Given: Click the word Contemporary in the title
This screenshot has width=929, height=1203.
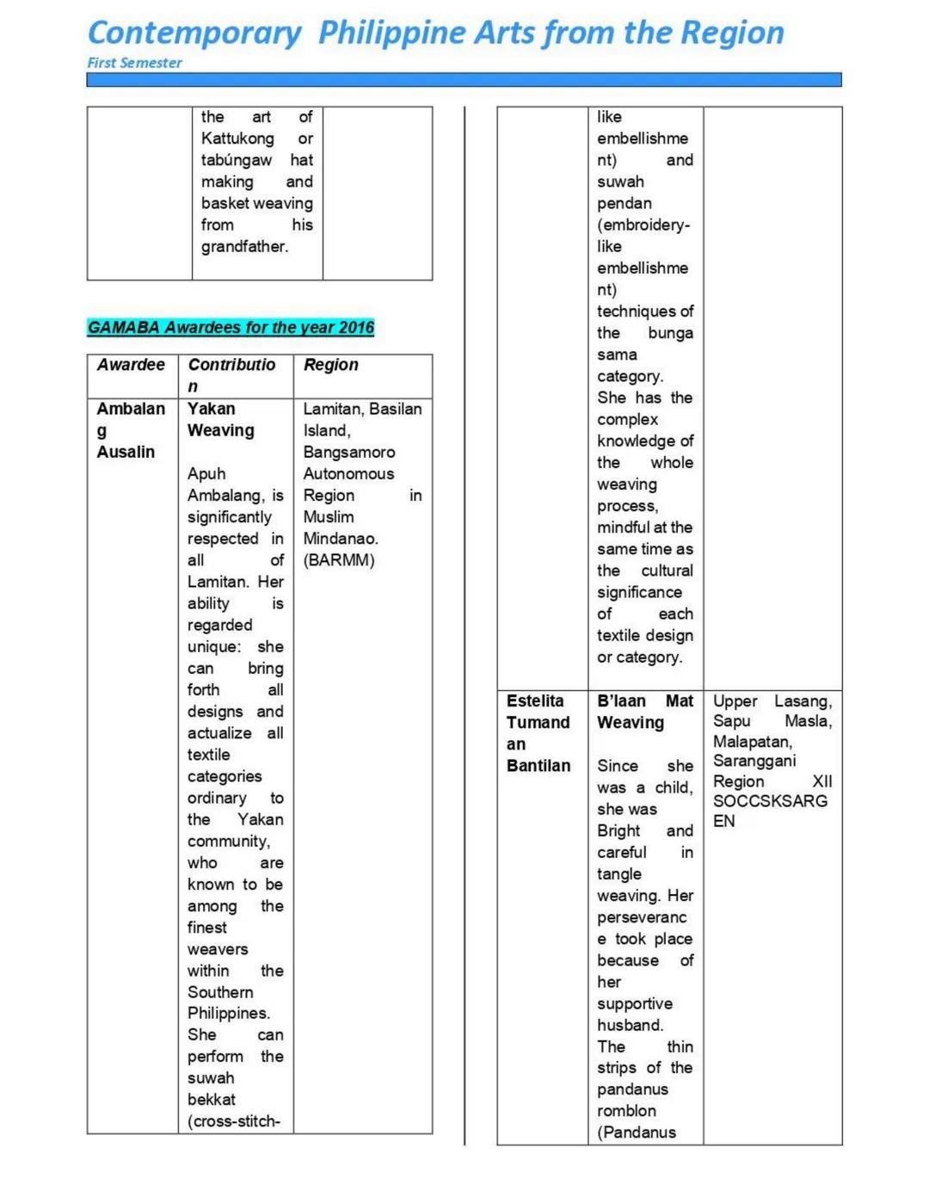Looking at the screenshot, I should tap(194, 34).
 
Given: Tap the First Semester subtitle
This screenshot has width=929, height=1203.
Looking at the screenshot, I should tap(134, 63).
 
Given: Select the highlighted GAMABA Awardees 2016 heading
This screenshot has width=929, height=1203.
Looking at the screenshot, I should tap(231, 328).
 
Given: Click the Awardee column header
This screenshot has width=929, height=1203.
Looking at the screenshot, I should tap(131, 365).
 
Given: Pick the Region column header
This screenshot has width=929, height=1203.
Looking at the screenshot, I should tap(330, 365).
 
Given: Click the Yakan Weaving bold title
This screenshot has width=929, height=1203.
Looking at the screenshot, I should tap(221, 419).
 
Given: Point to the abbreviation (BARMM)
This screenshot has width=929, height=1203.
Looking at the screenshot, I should tap(339, 560).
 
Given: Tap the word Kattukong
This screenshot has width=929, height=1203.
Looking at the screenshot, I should tap(237, 139).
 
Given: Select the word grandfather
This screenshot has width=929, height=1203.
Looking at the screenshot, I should tap(244, 247).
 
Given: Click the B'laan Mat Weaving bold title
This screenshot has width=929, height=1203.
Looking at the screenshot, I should tap(644, 712).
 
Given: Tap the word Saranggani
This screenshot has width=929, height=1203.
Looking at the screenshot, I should tap(754, 761).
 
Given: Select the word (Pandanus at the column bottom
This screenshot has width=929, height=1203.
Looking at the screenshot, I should tap(637, 1132).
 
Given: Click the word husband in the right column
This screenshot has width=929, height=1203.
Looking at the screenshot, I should tap(630, 1025).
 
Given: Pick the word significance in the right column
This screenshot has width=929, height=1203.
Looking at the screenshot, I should tap(639, 592).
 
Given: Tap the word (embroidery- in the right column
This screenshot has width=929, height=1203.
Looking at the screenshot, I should tap(643, 225).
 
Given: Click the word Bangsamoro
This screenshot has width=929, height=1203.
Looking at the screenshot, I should tap(348, 452).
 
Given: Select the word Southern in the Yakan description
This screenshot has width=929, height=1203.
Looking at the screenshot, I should tap(220, 992).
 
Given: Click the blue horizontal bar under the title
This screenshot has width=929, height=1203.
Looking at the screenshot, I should tap(464, 80).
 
